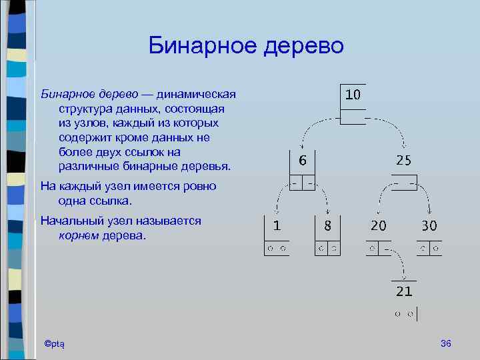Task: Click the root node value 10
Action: [353, 95]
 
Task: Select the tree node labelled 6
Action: [302, 161]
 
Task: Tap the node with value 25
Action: [403, 161]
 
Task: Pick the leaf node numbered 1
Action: [276, 225]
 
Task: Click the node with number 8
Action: [327, 225]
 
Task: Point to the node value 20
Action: [378, 225]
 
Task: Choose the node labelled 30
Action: [429, 225]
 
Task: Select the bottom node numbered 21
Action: [404, 291]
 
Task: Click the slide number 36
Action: [447, 343]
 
